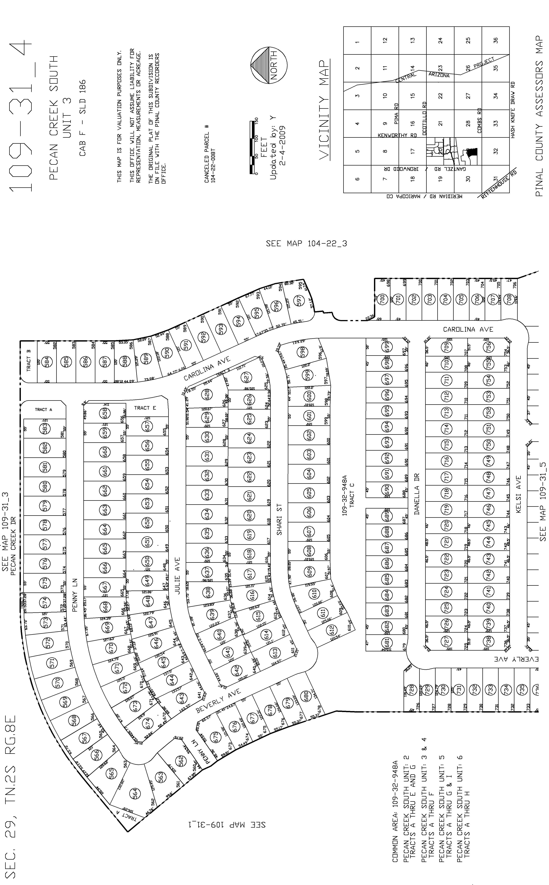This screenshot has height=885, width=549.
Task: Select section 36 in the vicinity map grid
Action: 496,40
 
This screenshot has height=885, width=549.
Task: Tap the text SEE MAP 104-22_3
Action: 306,243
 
